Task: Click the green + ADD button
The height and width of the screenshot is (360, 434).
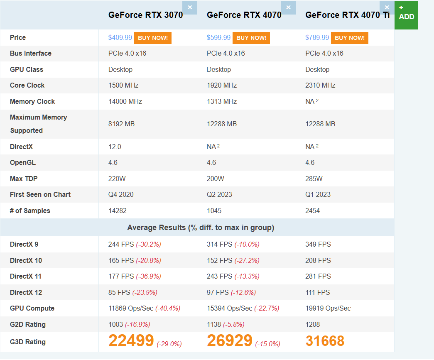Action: [x=406, y=15]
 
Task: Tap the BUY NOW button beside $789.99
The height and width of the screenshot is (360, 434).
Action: [x=349, y=38]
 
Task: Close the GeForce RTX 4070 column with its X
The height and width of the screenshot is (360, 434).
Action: [x=288, y=7]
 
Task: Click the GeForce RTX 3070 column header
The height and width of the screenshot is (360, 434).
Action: [x=145, y=15]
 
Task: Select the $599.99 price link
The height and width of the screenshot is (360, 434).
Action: [x=218, y=38]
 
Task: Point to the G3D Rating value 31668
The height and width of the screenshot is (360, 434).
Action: [x=325, y=341]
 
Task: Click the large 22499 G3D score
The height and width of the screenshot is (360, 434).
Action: [x=131, y=341]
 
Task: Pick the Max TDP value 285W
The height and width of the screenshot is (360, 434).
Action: [x=314, y=179]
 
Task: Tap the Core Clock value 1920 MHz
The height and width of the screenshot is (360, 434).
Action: [x=222, y=86]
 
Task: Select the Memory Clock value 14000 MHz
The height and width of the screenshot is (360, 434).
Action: [x=125, y=102]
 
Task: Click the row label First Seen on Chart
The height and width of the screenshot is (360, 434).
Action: [x=40, y=195]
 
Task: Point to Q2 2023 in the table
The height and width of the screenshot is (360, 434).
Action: [x=219, y=195]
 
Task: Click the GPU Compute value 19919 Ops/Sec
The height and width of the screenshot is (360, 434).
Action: [x=328, y=309]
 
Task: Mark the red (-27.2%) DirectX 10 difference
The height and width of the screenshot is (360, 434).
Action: [x=247, y=261]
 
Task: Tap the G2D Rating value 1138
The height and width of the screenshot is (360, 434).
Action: [x=214, y=325]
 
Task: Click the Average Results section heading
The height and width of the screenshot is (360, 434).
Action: [x=200, y=228]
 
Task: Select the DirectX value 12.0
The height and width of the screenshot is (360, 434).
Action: [x=115, y=147]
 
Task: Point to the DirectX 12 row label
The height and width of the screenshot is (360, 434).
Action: [x=26, y=293]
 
